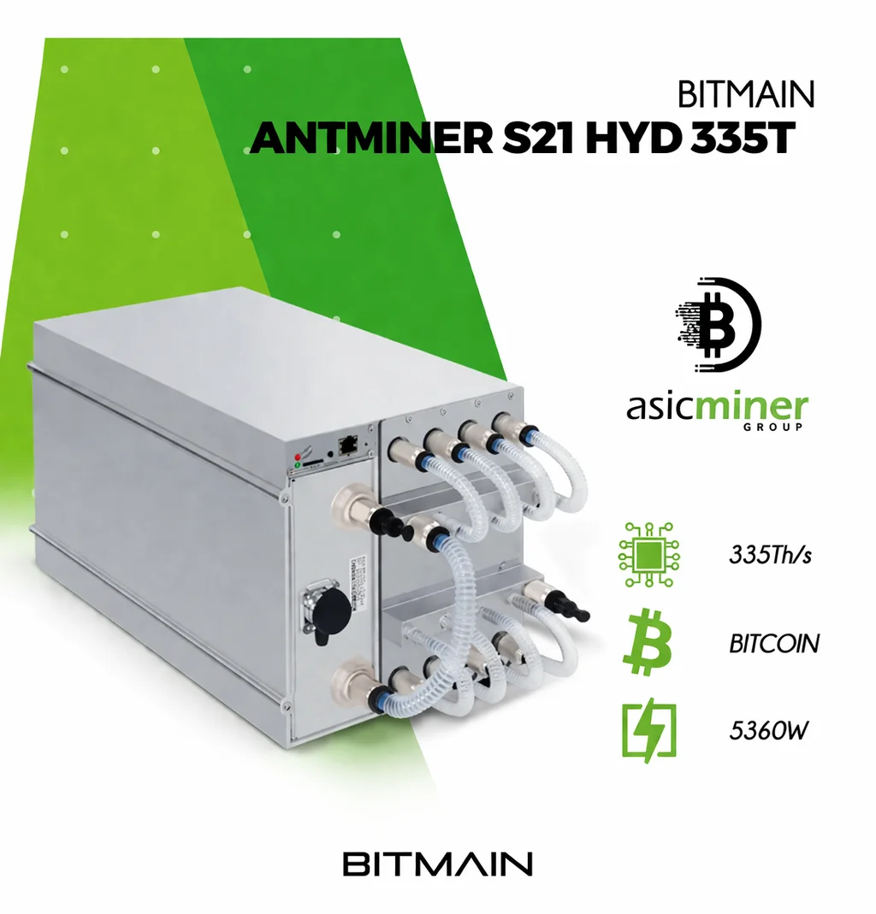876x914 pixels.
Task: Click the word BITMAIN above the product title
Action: tap(746, 94)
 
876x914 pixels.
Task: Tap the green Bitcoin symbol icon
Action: tap(648, 642)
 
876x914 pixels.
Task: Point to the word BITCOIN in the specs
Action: tap(774, 642)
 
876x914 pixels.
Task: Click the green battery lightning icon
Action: tap(648, 732)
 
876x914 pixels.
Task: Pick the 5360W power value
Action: tap(763, 732)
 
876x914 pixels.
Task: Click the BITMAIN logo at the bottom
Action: tap(438, 863)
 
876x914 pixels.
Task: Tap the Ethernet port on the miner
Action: tap(349, 445)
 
